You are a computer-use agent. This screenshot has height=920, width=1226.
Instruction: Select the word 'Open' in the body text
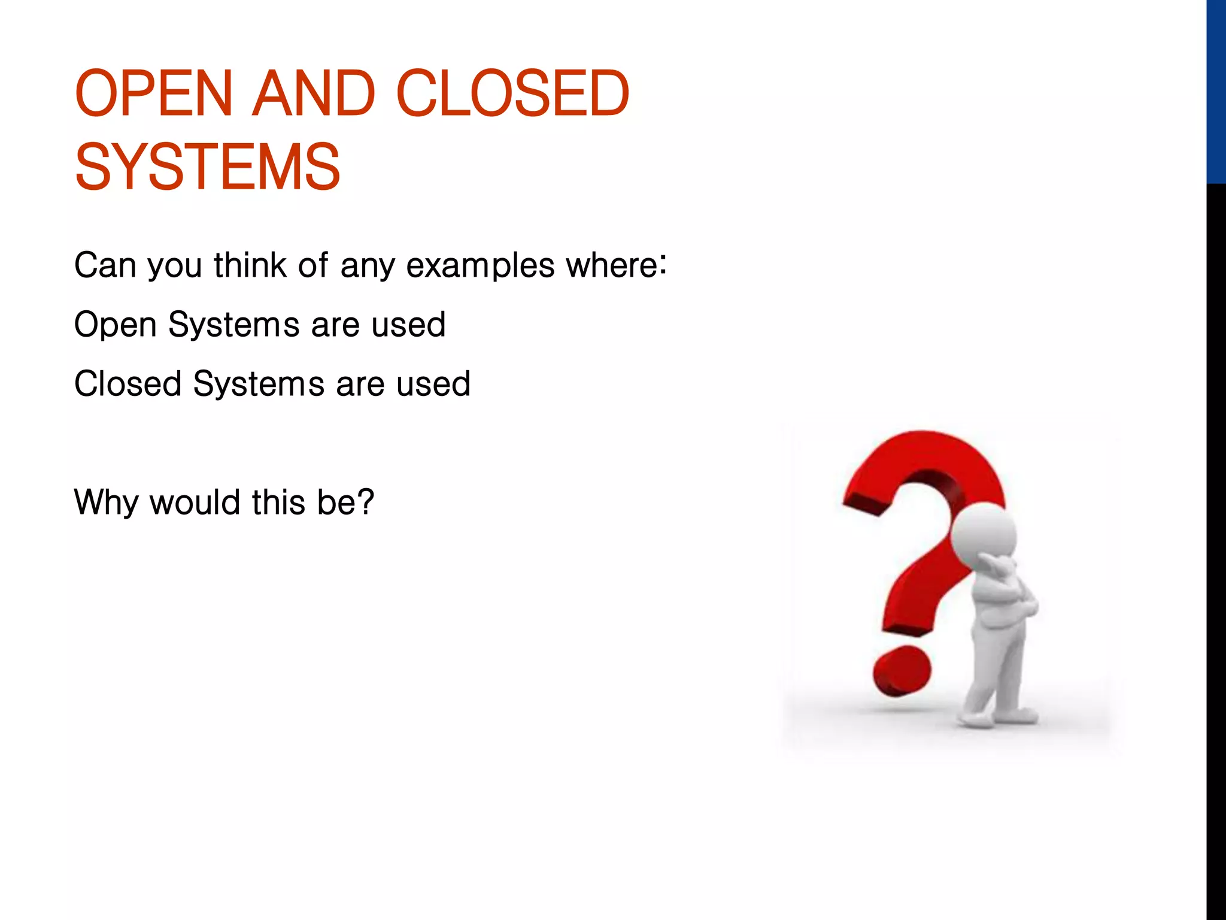pos(115,325)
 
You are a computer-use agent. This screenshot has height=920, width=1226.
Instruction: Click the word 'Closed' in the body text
pos(128,383)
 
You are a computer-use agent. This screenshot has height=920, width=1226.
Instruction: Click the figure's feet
pos(997,715)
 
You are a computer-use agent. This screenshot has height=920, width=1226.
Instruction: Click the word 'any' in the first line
pos(368,266)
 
